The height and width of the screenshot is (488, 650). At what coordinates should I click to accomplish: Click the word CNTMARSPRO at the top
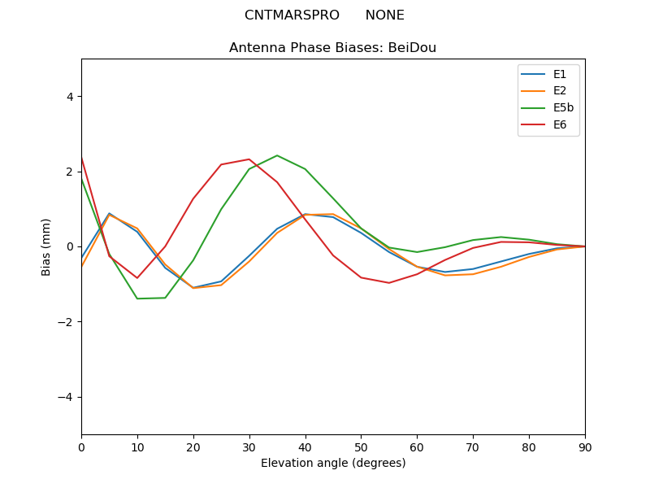(x=292, y=15)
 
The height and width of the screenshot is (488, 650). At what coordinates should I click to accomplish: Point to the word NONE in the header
(x=384, y=15)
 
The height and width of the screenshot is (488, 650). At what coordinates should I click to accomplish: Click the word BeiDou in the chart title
(x=412, y=48)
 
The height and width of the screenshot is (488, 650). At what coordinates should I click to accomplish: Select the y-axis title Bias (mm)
(x=45, y=247)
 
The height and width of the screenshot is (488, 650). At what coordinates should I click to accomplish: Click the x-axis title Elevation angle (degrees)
(x=333, y=463)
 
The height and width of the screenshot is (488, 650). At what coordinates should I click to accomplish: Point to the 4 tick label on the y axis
(x=70, y=97)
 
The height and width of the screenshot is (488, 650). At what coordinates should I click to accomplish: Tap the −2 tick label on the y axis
(x=66, y=322)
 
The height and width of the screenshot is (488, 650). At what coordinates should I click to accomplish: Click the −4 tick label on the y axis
(x=66, y=397)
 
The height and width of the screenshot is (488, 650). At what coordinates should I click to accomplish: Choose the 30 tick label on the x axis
(x=249, y=448)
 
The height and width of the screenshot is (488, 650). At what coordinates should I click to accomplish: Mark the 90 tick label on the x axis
(x=585, y=448)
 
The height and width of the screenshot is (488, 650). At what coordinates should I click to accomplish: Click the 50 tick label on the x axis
(x=361, y=448)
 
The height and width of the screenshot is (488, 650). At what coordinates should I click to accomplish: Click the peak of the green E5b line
(x=277, y=155)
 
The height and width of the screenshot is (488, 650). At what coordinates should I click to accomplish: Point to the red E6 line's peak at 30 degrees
(x=249, y=159)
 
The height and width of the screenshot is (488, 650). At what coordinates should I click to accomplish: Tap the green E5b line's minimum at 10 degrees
(x=137, y=298)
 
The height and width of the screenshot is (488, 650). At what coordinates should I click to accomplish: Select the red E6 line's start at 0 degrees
(x=82, y=158)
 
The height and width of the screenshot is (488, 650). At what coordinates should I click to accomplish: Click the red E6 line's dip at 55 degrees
(x=389, y=283)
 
